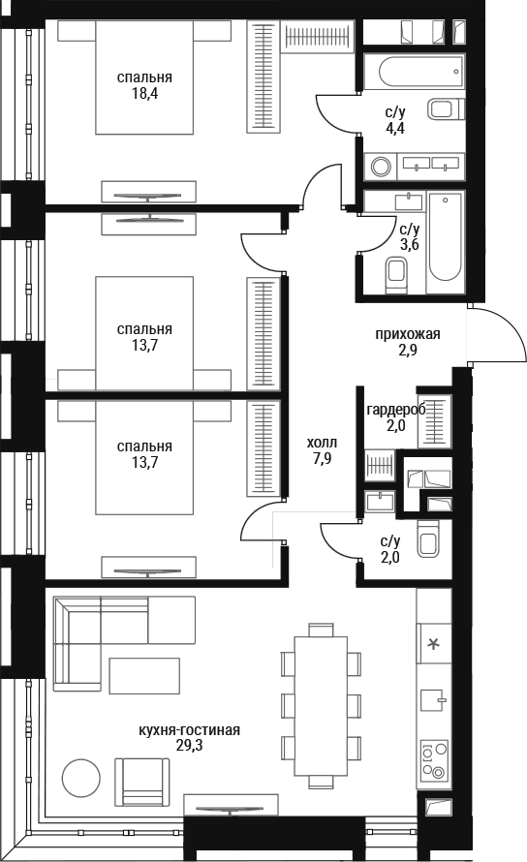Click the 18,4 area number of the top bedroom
(144, 93)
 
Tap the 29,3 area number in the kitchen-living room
(182, 746)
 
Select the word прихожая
(408, 334)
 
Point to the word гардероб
(396, 410)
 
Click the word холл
(323, 443)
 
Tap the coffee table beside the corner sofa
(144, 676)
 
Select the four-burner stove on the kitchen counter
(434, 760)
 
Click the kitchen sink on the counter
(434, 699)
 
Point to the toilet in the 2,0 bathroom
(428, 539)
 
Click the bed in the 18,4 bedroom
(144, 77)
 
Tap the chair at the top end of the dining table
(322, 630)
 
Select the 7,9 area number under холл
(323, 458)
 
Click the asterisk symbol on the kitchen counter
(434, 643)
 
